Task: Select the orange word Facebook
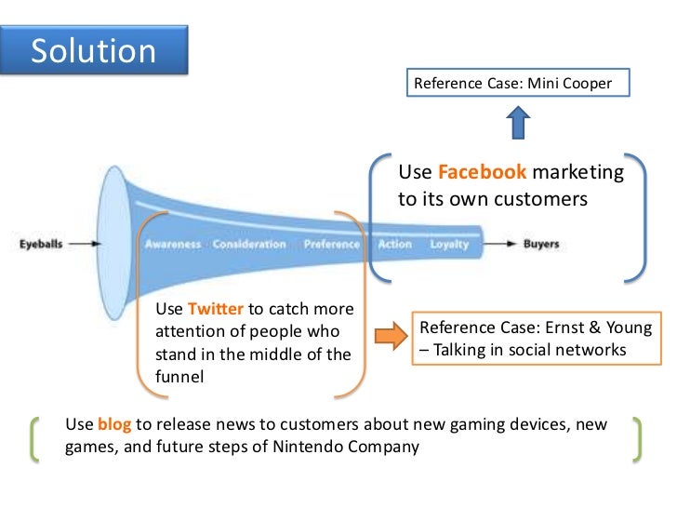(x=483, y=172)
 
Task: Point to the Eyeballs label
(x=43, y=245)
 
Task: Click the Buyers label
(x=540, y=245)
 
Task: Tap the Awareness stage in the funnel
(x=172, y=245)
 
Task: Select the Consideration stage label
(x=248, y=245)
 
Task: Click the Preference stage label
(x=330, y=245)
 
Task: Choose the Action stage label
(x=394, y=245)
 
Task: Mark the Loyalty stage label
(x=449, y=245)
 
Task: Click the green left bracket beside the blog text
(x=36, y=437)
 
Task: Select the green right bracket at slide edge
(x=638, y=437)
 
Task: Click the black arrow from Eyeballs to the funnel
(x=84, y=245)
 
